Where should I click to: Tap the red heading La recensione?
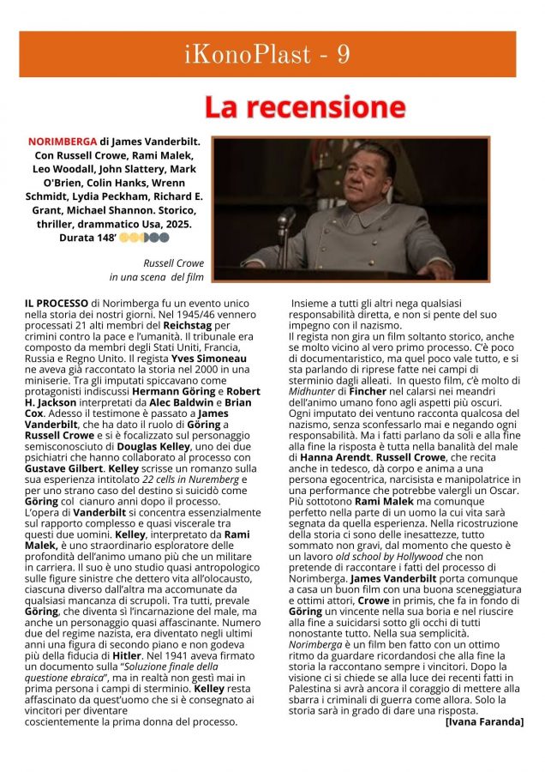coord(304,107)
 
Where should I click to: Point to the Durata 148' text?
coord(87,236)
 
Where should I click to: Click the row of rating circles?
coord(138,236)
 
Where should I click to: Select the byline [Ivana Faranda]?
coord(484,721)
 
